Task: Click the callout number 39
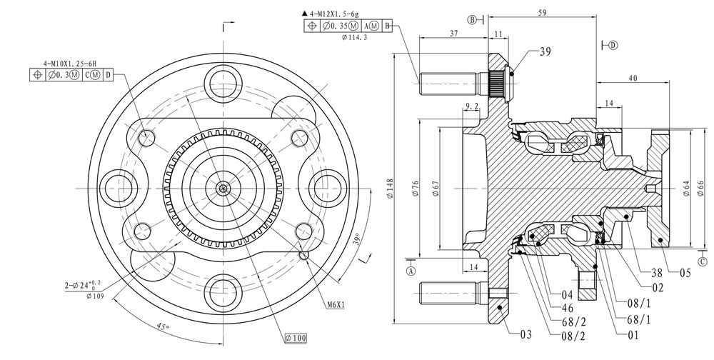(x=545, y=51)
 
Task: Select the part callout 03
(x=526, y=334)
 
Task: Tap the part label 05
(x=685, y=273)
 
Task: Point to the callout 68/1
(x=639, y=320)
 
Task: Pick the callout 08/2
(x=573, y=336)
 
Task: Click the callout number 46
(x=568, y=308)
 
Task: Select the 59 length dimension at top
(x=542, y=12)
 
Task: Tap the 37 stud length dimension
(x=454, y=34)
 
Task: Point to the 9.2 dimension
(x=472, y=106)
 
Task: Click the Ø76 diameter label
(x=416, y=189)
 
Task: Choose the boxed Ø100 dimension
(x=296, y=338)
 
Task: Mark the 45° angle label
(x=163, y=326)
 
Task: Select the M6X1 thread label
(x=336, y=305)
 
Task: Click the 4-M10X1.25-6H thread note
(x=70, y=64)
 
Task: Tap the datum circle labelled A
(x=411, y=271)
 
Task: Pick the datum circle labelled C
(x=703, y=261)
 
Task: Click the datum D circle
(x=613, y=45)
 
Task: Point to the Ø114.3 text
(x=354, y=37)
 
